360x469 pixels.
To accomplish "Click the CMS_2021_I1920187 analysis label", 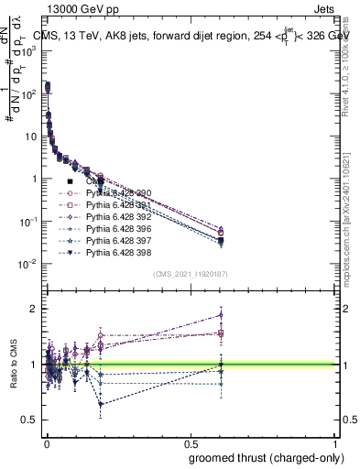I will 190,273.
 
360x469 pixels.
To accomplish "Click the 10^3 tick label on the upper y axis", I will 30,51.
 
